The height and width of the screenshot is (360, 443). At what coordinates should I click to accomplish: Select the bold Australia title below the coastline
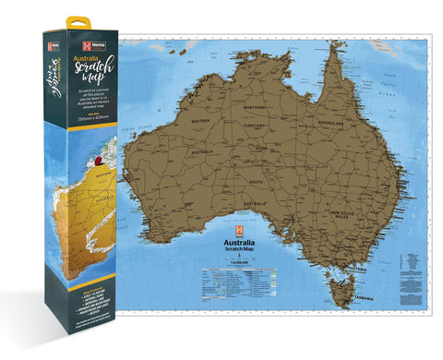[239, 245]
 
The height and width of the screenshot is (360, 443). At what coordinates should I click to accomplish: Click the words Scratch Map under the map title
[239, 252]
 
